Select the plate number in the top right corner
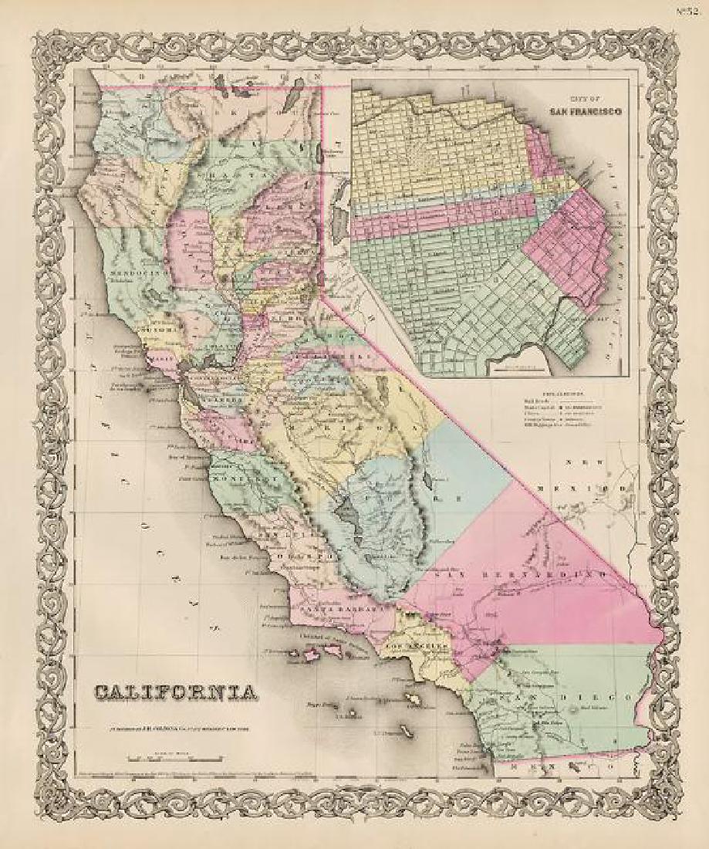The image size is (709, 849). pos(690,10)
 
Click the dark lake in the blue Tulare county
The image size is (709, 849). pos(344,509)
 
